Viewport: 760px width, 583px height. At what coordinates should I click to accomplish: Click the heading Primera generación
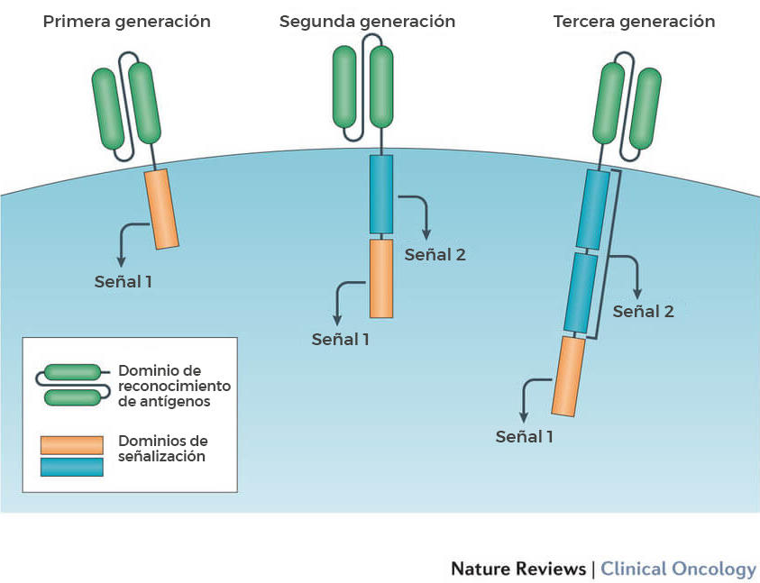127,21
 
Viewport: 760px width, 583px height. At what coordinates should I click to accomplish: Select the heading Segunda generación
367,21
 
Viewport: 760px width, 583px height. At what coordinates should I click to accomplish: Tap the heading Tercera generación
634,21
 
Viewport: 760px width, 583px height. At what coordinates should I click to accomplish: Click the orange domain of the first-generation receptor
162,210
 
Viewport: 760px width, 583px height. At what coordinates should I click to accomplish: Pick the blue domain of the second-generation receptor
381,195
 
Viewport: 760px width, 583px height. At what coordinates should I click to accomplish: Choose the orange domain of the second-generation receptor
381,278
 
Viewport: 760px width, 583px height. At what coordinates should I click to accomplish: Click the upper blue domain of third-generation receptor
594,209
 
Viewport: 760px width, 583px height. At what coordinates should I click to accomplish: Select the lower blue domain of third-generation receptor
581,292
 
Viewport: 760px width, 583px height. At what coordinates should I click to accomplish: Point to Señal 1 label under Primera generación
124,280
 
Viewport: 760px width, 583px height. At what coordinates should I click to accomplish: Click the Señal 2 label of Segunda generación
435,254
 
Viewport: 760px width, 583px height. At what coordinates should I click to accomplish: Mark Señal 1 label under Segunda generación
341,340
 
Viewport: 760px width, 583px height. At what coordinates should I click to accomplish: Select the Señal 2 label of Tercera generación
643,312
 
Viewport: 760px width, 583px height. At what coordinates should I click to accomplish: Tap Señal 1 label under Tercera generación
525,437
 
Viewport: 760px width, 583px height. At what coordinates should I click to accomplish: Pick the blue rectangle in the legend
71,466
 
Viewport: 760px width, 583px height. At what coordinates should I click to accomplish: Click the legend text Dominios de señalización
162,449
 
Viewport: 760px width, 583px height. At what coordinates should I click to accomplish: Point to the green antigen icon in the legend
71,384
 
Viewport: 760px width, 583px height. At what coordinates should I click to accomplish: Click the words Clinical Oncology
678,569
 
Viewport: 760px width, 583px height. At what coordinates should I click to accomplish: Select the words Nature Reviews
517,569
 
